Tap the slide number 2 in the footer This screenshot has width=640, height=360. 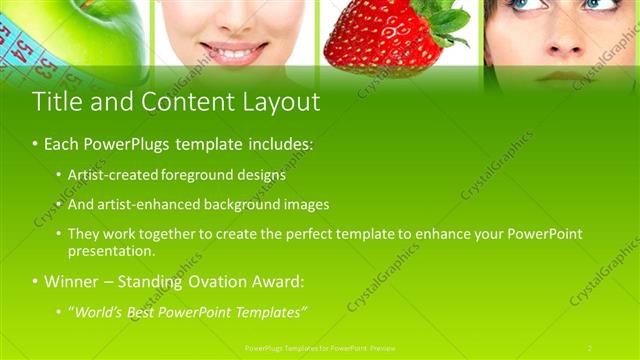click(x=590, y=347)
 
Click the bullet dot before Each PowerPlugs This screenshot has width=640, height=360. click(x=35, y=145)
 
